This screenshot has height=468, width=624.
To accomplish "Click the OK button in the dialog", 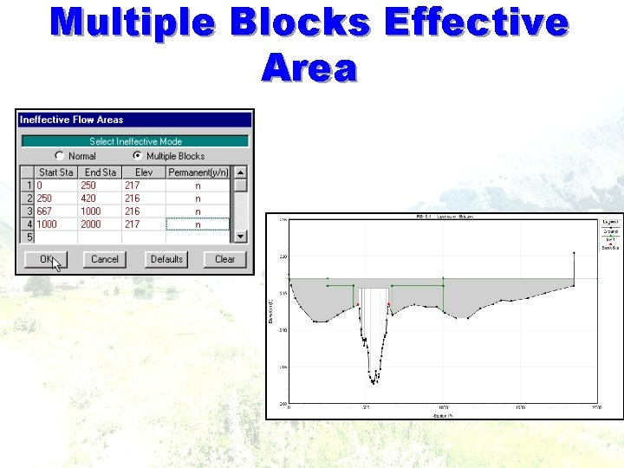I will pyautogui.click(x=46, y=259).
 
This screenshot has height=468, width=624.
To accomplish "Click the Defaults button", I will pyautogui.click(x=166, y=259).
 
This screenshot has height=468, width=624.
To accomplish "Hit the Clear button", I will pyautogui.click(x=224, y=259).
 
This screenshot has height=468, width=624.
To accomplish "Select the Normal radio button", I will pyautogui.click(x=60, y=156).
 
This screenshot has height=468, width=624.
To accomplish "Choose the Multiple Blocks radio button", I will pyautogui.click(x=138, y=156).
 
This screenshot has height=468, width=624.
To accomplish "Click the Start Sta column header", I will pyautogui.click(x=55, y=172).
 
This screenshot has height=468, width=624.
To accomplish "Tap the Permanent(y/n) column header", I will pyautogui.click(x=198, y=172).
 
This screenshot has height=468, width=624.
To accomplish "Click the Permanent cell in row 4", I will pyautogui.click(x=198, y=224).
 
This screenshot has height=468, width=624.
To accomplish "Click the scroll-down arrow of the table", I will pyautogui.click(x=241, y=236).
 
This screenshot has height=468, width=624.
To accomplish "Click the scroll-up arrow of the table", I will pyautogui.click(x=241, y=172).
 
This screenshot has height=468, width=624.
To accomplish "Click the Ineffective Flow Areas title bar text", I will pyautogui.click(x=71, y=120).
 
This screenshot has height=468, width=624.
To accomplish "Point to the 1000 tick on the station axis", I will pyautogui.click(x=443, y=406).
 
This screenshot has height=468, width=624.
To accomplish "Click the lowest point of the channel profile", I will pyautogui.click(x=374, y=382).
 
